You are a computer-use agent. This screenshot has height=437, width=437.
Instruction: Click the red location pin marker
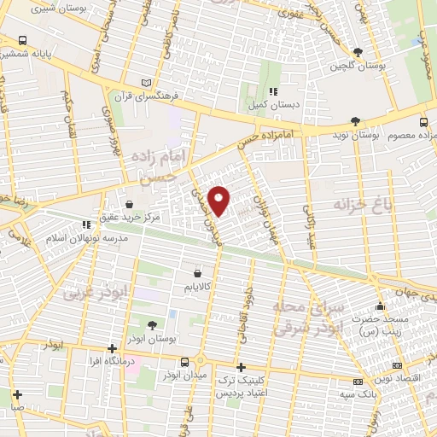219,199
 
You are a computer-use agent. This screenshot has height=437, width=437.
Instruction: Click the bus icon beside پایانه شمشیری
20,40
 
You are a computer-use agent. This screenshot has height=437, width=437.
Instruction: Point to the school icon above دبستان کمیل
273,91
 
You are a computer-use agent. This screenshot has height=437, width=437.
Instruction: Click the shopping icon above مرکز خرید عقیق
128,204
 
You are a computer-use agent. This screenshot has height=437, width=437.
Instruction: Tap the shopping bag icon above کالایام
198,274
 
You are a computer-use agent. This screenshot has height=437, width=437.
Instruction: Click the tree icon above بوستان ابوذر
151,324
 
